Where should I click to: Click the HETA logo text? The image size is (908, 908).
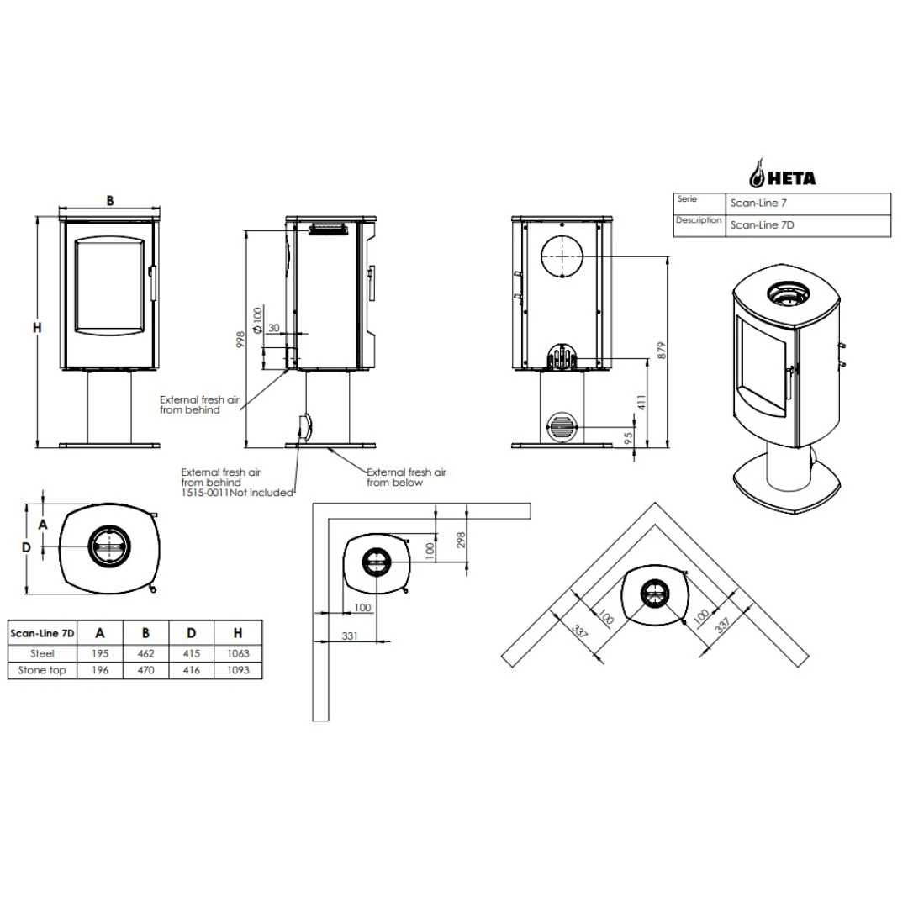[x=792, y=177]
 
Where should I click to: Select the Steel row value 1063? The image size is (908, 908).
[x=238, y=653]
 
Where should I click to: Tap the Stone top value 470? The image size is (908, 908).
[x=146, y=670]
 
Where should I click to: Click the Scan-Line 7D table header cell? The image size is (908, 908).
[x=42, y=633]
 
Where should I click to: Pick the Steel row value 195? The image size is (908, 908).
[x=100, y=653]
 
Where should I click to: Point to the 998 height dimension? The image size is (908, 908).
[x=240, y=340]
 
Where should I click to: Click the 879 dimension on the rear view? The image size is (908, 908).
[x=663, y=351]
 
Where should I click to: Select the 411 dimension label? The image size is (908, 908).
[x=641, y=403]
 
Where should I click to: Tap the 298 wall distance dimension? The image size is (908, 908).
[x=461, y=541]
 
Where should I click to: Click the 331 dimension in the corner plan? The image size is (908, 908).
[x=350, y=636]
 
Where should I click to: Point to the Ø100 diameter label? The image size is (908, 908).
[x=258, y=320]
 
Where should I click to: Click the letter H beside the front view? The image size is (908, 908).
[x=37, y=328]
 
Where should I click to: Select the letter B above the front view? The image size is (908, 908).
[x=110, y=201]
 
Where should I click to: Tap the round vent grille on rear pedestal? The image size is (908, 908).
[x=561, y=427]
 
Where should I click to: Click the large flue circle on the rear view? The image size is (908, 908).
[x=562, y=256]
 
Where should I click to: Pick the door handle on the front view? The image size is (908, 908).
[x=153, y=282]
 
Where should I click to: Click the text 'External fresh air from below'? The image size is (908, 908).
[x=407, y=478]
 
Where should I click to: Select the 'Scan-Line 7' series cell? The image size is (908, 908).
[x=758, y=203]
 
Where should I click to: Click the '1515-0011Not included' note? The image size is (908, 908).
[x=237, y=493]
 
